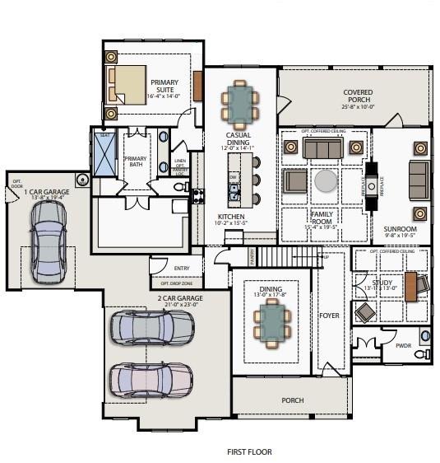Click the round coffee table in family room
click(x=324, y=180)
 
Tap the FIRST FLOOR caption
click(x=249, y=451)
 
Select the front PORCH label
click(x=292, y=400)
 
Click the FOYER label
click(x=329, y=316)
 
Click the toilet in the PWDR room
click(x=421, y=354)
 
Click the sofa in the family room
click(x=322, y=148)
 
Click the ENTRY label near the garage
click(x=183, y=268)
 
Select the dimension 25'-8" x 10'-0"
click(x=358, y=106)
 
